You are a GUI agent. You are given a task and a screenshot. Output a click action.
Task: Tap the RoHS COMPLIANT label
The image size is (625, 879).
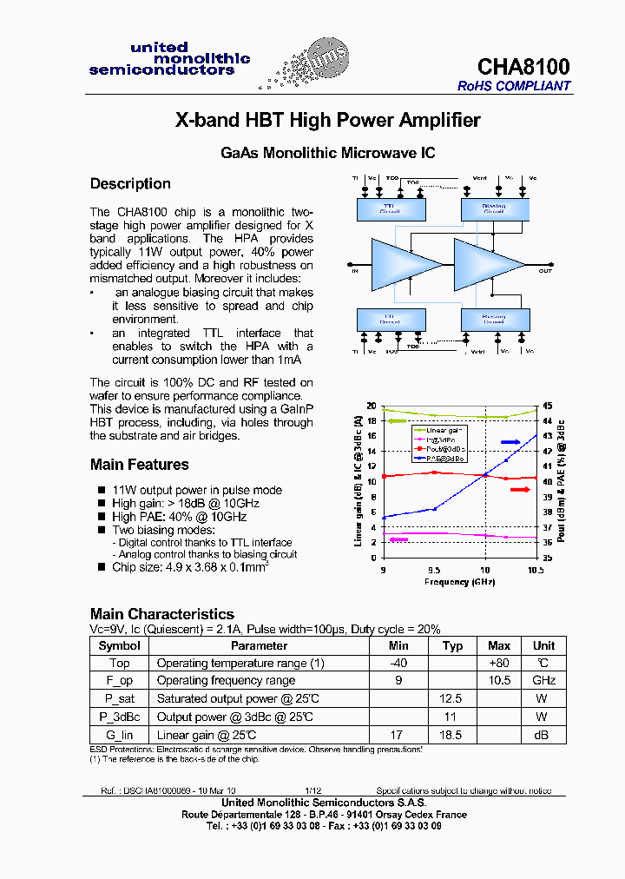tap(514, 86)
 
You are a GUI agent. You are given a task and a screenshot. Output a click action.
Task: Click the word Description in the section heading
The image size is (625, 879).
tap(130, 184)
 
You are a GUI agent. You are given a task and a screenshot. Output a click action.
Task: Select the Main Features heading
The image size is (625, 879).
tap(139, 465)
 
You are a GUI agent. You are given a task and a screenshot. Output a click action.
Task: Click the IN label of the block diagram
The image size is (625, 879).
tap(355, 270)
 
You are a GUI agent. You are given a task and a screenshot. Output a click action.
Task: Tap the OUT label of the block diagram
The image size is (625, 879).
tap(545, 270)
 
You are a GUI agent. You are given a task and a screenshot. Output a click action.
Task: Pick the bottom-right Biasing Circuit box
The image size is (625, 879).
tap(493, 318)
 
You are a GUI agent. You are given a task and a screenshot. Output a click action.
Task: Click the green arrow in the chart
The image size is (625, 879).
tap(397, 421)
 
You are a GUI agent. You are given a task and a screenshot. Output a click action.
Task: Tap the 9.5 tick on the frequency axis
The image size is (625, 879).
tap(433, 571)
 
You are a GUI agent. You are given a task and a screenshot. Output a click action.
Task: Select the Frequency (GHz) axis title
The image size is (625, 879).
tap(459, 582)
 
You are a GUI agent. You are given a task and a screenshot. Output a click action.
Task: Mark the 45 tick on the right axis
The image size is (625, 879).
tap(547, 406)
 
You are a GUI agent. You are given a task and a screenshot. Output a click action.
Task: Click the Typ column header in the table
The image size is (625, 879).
tap(452, 645)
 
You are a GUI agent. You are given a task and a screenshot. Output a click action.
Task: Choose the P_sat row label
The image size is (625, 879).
tap(120, 698)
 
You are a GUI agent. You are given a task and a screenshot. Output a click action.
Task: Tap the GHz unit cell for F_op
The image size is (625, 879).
tap(543, 681)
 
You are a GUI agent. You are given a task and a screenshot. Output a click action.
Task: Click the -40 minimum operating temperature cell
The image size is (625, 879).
tap(398, 664)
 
